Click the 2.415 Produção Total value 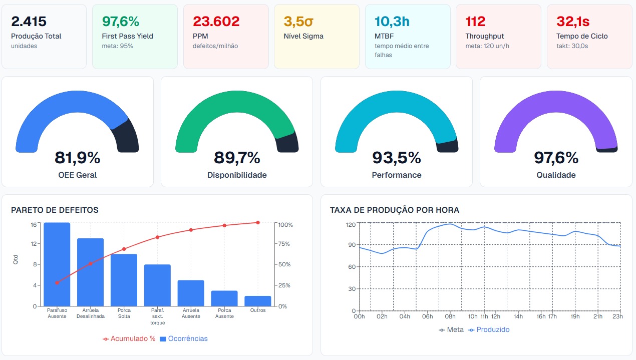coord(29,22)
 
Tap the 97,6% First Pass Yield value coord(121,22)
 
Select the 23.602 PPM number coord(216,22)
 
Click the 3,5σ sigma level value coord(298,22)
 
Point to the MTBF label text coord(384,36)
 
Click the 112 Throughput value coord(475,22)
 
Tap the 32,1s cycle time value coord(573,22)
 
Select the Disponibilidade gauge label coord(237,175)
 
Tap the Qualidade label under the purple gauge coord(556,175)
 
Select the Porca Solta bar coord(124,280)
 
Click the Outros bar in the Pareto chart coord(258,301)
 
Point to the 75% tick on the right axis coord(284,244)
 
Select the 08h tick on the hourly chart coord(450,316)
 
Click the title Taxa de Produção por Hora coord(395,210)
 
